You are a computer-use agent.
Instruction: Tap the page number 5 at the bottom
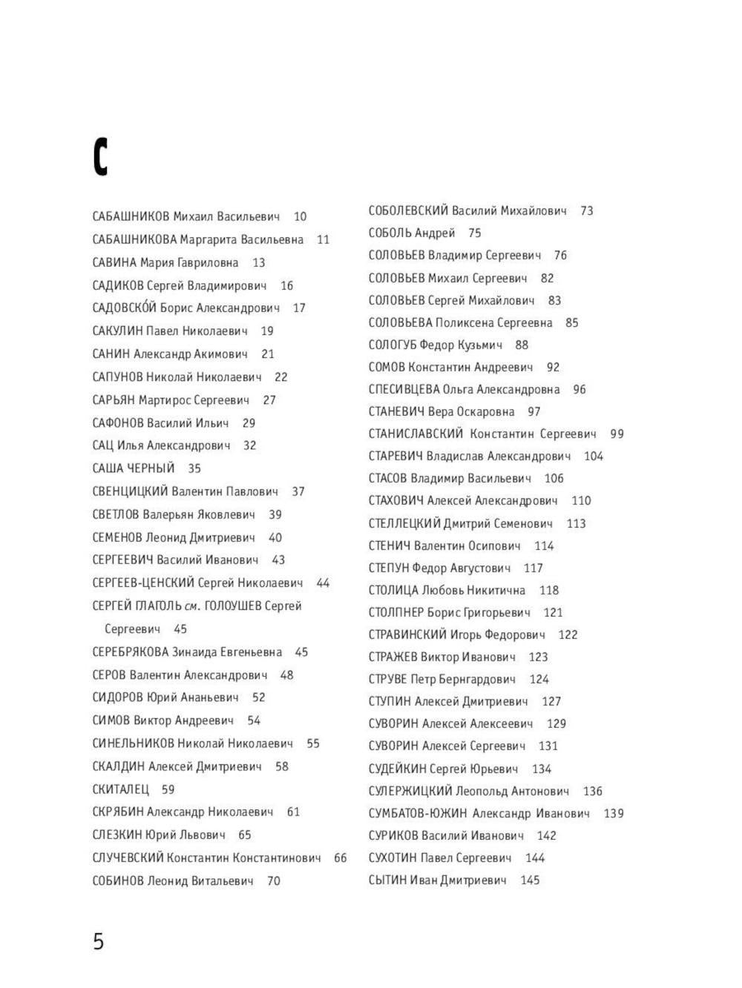tap(98, 941)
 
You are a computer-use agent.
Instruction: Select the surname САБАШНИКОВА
tap(134, 239)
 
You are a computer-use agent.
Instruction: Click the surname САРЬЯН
tap(114, 400)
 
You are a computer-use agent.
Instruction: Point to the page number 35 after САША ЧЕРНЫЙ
tap(194, 468)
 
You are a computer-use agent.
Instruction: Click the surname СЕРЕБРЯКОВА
tap(131, 652)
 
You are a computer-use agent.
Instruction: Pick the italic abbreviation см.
tap(191, 606)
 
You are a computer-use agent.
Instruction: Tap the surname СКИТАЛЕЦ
tap(120, 789)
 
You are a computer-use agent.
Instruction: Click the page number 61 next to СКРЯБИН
tap(293, 812)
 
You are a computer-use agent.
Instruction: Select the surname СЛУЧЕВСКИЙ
tap(128, 858)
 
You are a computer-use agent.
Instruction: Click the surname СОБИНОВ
tap(118, 881)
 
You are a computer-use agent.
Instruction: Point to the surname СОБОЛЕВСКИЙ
tap(408, 211)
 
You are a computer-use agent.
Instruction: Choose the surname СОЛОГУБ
tap(393, 345)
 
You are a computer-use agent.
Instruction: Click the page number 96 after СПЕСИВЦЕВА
tap(579, 389)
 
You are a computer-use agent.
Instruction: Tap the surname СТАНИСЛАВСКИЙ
tap(416, 434)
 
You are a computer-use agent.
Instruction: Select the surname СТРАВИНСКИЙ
tap(407, 634)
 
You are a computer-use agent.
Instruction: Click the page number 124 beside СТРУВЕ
tap(539, 679)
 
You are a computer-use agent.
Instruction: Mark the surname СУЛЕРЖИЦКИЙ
tap(410, 791)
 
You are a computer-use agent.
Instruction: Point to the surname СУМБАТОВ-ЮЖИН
tap(417, 813)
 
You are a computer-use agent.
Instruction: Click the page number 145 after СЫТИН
tap(530, 880)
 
